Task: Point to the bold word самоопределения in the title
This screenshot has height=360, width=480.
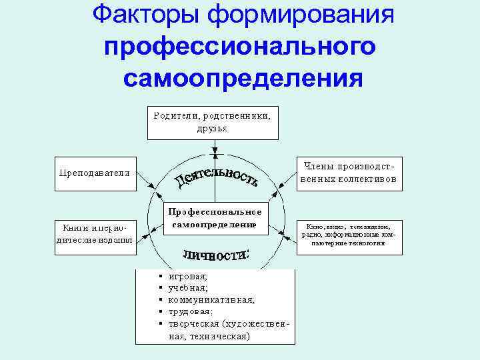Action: pyautogui.click(x=244, y=79)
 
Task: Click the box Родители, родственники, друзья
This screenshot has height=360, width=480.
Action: pyautogui.click(x=213, y=121)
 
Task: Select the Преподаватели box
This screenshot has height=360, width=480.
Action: pyautogui.click(x=95, y=173)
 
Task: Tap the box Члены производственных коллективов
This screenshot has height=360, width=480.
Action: pyautogui.click(x=349, y=173)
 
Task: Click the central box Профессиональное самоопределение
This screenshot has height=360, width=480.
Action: pyautogui.click(x=215, y=218)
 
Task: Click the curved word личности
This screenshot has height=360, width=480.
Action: pyautogui.click(x=215, y=255)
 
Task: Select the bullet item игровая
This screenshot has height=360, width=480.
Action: pyautogui.click(x=188, y=276)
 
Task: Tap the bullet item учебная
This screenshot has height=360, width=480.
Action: pyautogui.click(x=188, y=288)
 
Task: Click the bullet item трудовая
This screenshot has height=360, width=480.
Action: pyautogui.click(x=191, y=312)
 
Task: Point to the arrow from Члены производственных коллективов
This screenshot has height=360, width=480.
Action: pyautogui.click(x=285, y=177)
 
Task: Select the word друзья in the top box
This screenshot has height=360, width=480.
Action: pyautogui.click(x=213, y=128)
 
